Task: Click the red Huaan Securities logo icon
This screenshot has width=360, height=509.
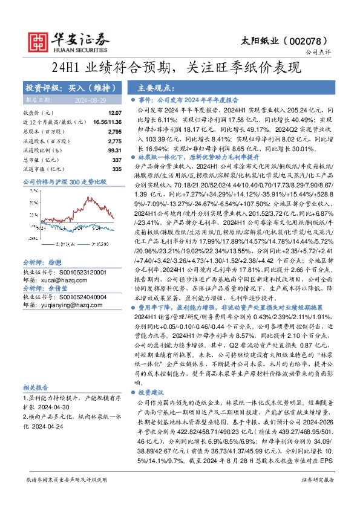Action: (38, 41)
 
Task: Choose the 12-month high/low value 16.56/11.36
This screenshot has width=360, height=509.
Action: (108, 122)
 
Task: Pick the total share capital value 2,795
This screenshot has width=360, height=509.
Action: (114, 131)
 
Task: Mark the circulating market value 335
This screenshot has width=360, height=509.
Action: (117, 169)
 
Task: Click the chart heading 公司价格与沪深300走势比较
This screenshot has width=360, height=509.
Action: (64, 181)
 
